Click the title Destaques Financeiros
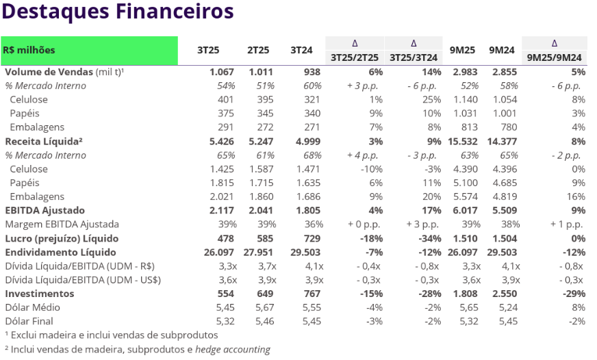point(117,12)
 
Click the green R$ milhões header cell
point(89,50)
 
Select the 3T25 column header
point(207,50)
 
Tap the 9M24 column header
point(501,50)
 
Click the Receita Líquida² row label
point(43,141)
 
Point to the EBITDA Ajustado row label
point(45,210)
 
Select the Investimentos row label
point(39,293)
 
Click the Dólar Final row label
point(29,321)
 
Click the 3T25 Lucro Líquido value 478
point(226,238)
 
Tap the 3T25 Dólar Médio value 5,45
point(225,307)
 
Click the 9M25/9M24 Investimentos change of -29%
point(574,293)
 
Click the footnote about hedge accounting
point(137,350)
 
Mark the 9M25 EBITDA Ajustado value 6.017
point(466,210)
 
